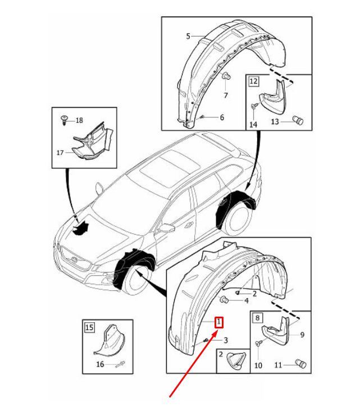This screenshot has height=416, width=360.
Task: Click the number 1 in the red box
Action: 219,322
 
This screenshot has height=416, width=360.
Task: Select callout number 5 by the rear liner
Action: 188,36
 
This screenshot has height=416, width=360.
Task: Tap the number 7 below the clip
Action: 226,95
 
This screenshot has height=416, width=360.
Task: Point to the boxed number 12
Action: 253,81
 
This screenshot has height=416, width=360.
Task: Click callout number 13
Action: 275,122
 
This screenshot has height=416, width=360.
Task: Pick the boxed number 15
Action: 89,327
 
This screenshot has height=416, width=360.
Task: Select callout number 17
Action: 60,153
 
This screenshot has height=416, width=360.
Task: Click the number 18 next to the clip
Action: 79,121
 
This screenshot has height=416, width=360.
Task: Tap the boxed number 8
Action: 257,318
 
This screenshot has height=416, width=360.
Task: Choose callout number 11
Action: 278,365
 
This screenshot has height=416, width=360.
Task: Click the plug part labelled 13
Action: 298,121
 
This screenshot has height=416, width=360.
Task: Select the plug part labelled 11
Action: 301,364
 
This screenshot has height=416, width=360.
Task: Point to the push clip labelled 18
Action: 64,120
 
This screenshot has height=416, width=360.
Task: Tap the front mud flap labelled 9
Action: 276,331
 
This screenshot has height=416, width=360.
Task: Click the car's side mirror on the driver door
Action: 167,228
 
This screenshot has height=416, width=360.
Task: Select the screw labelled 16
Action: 120,364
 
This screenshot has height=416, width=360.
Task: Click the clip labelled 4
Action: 224,300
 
